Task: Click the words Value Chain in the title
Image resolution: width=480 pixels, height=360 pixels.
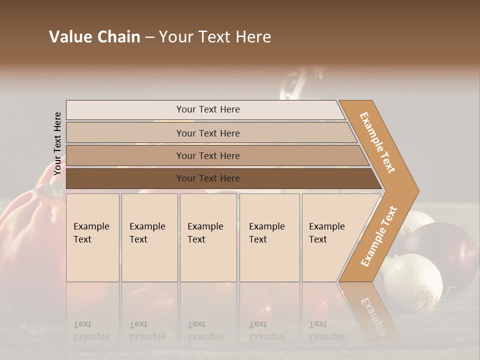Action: pos(94,37)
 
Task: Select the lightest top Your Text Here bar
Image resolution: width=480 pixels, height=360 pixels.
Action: pos(207,109)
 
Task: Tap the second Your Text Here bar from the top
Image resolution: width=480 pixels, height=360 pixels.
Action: pos(207,133)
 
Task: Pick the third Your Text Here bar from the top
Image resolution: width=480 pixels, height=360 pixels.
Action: pos(207,155)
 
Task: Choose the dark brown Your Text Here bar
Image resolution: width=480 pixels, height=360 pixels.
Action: pos(207,178)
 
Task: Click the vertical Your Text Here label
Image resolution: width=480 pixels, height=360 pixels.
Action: pos(57,143)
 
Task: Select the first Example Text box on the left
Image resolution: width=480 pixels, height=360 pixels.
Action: pos(92,237)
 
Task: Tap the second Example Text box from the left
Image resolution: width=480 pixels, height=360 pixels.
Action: pos(149,237)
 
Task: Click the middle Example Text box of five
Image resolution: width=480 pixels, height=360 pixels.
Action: pos(208,237)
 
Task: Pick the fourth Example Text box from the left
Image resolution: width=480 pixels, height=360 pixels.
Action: pos(269,237)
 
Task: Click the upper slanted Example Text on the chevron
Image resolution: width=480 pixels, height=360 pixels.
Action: pos(377,142)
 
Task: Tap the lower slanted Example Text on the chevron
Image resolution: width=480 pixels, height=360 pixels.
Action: pos(379,236)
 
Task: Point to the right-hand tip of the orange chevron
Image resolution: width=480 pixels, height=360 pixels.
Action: pos(417,190)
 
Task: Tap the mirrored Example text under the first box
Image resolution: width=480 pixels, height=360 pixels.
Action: pos(91,330)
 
